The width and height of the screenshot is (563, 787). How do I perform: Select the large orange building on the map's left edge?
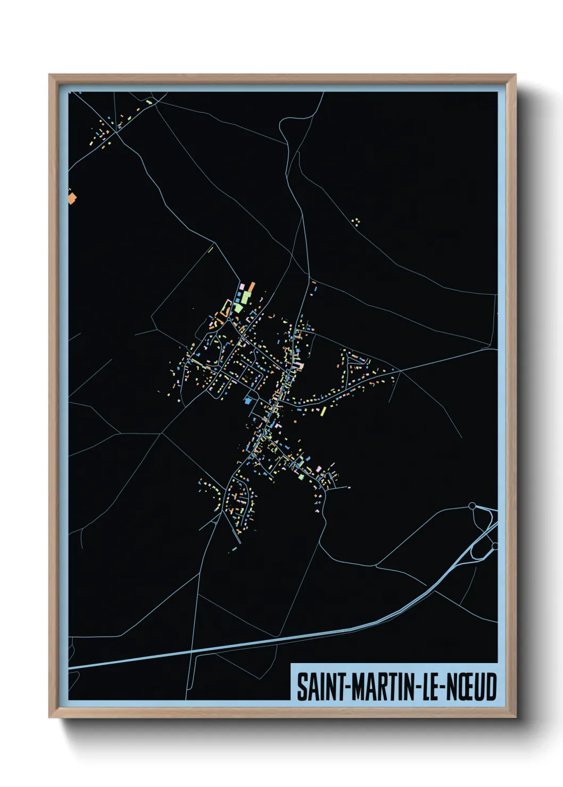pyautogui.click(x=72, y=198)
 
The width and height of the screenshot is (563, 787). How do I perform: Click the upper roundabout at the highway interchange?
pyautogui.click(x=471, y=506)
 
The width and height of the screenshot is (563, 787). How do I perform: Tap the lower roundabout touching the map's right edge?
pyautogui.click(x=494, y=546)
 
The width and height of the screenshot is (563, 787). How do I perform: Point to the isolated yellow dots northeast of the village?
pyautogui.click(x=356, y=221)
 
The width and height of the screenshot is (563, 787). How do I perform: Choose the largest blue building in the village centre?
pyautogui.click(x=248, y=399)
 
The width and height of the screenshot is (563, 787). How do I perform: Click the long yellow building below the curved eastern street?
pyautogui.click(x=322, y=412)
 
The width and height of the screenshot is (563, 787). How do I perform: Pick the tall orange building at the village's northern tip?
pyautogui.click(x=251, y=288)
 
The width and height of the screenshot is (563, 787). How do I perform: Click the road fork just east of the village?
pyautogui.click(x=400, y=371)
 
